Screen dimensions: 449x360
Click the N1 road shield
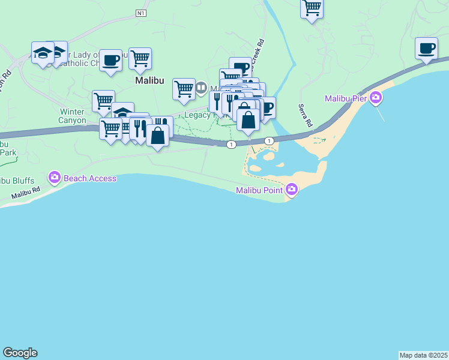click(141, 13)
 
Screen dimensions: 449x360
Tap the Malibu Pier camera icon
click(376, 97)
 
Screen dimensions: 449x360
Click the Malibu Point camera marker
click(292, 190)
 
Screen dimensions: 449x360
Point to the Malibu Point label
click(259, 190)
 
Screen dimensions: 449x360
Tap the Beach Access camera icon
click(55, 177)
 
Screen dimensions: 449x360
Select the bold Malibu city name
click(149, 80)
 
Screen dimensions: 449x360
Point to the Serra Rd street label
click(306, 116)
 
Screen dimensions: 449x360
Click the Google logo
click(20, 353)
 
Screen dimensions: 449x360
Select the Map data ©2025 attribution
click(424, 355)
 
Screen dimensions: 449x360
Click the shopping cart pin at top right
click(312, 8)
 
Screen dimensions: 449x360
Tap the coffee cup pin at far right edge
click(426, 48)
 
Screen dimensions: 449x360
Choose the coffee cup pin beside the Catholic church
click(110, 60)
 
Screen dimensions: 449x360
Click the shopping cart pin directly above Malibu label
click(140, 58)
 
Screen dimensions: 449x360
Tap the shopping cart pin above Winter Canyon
click(103, 101)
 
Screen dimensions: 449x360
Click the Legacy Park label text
click(198, 115)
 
